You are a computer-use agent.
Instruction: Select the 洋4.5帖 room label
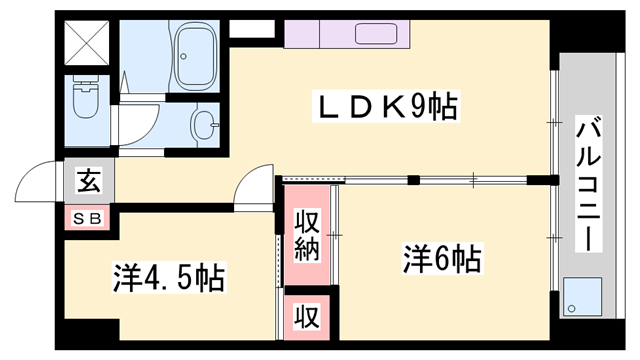[x=167, y=276]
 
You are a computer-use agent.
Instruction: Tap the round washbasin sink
[x=203, y=127]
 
